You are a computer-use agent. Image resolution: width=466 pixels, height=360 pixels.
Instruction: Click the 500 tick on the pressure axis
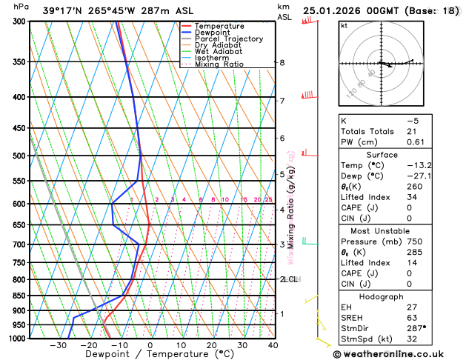tap(18, 156)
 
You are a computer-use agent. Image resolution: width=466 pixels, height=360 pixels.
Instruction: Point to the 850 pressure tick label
tap(18, 296)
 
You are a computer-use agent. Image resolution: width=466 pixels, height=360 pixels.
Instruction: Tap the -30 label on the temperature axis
tap(58, 345)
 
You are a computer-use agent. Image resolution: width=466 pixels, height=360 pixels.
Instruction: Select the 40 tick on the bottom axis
tap(273, 345)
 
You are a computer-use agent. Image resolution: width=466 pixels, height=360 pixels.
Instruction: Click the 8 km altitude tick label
tap(282, 63)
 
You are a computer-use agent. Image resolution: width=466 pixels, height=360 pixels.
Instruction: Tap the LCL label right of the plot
tap(290, 279)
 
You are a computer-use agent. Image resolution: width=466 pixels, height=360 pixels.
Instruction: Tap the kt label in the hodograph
tap(344, 25)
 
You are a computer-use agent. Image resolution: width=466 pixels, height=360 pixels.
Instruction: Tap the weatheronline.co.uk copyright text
tap(399, 354)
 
